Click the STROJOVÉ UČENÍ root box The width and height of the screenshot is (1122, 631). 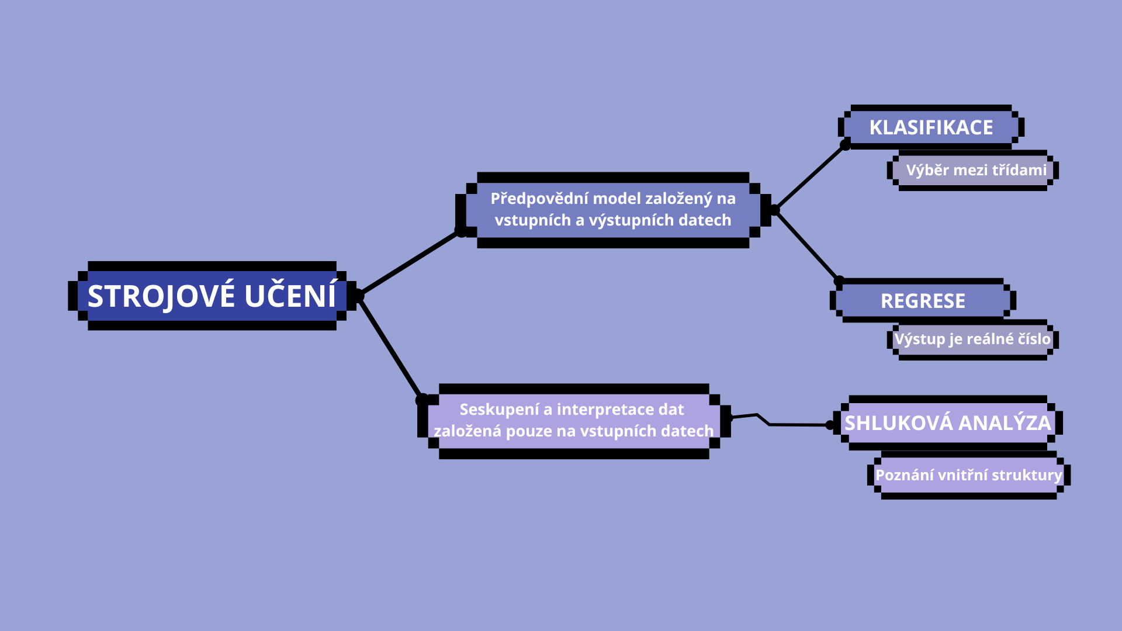coord(212,296)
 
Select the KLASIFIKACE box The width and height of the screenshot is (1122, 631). coord(931,127)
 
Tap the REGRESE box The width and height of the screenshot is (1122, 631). coord(923,301)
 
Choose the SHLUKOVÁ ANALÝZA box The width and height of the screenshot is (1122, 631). coord(947,423)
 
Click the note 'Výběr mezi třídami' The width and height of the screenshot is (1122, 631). coord(976,170)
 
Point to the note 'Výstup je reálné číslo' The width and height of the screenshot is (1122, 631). coord(972,339)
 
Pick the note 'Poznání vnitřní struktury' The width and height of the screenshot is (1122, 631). coord(968,475)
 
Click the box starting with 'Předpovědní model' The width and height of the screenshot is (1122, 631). coord(613,210)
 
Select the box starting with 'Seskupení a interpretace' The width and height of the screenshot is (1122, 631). coord(573,421)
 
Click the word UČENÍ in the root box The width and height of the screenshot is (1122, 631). coord(290,296)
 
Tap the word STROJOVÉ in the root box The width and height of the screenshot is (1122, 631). coord(161,296)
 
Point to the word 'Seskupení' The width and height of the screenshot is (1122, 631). coord(499,410)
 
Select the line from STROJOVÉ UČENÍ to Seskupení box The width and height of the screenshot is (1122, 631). coord(390,348)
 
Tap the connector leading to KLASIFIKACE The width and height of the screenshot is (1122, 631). coord(810,178)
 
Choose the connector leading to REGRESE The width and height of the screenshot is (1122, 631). coord(807,246)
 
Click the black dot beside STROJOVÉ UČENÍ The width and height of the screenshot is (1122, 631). coord(359,296)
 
